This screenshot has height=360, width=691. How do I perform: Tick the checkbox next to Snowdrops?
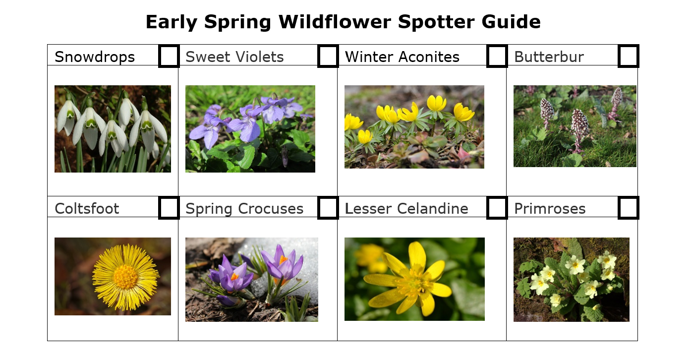(x=169, y=56)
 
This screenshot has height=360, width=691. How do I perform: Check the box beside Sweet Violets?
(x=328, y=56)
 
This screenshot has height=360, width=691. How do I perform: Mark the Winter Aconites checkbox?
(x=497, y=56)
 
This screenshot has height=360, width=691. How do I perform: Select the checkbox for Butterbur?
(x=629, y=56)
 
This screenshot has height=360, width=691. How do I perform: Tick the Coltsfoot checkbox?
(x=169, y=208)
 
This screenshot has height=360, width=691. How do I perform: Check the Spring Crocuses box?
(x=328, y=208)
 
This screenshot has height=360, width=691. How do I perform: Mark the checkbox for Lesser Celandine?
(x=497, y=208)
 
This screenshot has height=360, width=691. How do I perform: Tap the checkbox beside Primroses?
(x=629, y=208)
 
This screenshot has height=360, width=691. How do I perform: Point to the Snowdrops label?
(x=95, y=57)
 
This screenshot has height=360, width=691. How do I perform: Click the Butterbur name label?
(x=549, y=57)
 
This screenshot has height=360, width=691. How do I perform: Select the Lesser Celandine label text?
(x=406, y=209)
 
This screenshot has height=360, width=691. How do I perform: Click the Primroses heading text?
(x=550, y=209)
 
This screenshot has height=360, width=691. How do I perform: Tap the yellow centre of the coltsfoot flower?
(x=125, y=277)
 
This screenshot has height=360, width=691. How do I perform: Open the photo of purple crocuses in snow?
(x=252, y=279)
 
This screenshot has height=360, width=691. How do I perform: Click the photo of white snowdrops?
(x=113, y=129)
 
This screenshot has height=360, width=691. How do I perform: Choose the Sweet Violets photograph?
(x=250, y=129)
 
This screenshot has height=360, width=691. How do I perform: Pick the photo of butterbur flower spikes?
(x=575, y=126)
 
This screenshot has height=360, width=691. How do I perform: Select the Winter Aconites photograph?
(x=414, y=126)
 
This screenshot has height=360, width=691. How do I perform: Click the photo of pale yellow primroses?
(x=572, y=279)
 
